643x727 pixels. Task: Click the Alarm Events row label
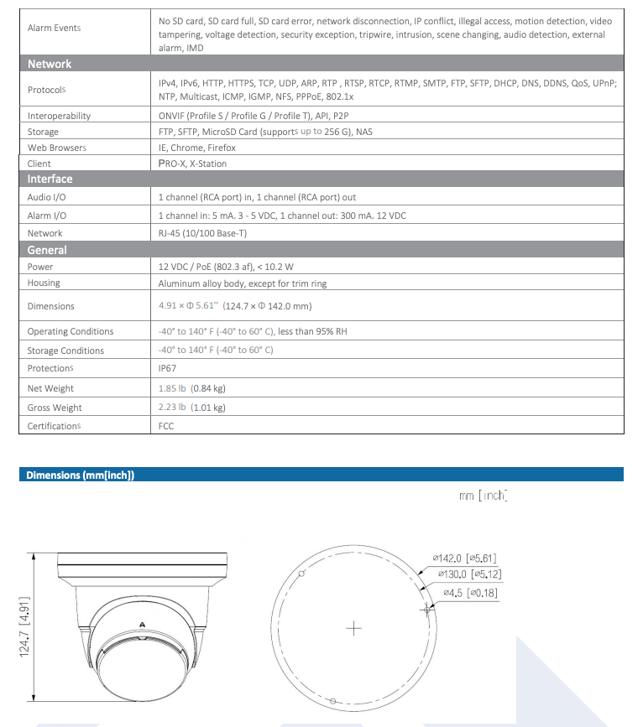pos(54,29)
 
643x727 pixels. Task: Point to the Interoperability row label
pos(59,116)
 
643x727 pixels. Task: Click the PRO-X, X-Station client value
pos(192,164)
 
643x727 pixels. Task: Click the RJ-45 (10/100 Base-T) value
pos(202,233)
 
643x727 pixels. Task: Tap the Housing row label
pos(44,283)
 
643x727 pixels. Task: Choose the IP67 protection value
pos(167,368)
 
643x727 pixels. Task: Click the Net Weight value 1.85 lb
pos(172,388)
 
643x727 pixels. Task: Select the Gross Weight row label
pos(55,408)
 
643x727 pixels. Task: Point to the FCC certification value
pos(166,426)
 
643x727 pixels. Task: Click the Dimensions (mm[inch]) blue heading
pos(81,475)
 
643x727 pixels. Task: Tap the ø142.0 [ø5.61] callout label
pos(470,558)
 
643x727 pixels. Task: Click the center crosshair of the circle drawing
pos(354,628)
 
